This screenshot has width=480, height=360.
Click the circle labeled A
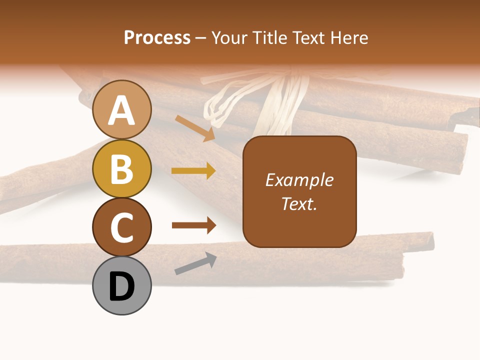(121, 110)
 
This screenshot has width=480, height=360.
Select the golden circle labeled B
(121, 169)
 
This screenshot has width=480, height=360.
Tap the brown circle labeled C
(121, 227)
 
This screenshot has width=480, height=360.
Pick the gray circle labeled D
(121, 286)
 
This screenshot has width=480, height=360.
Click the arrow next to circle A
(195, 128)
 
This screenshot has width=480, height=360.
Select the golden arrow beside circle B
(193, 171)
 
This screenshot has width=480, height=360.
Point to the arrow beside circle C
(193, 225)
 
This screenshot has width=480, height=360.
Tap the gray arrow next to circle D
(195, 264)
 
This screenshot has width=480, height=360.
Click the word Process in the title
(157, 38)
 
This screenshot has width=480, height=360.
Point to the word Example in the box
(299, 180)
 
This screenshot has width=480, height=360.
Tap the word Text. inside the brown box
(299, 204)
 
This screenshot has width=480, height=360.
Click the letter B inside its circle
(121, 169)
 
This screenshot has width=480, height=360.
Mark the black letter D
(121, 287)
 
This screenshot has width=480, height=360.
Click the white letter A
(121, 110)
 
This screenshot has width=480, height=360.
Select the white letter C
(121, 227)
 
